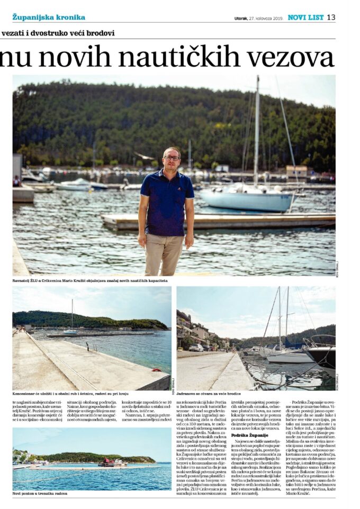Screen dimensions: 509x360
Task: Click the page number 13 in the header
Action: point(331,17)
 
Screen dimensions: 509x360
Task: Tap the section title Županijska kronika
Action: point(49,17)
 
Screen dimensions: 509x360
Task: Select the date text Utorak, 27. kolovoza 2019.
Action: point(258,18)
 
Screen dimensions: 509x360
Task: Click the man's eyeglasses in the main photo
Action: point(172,158)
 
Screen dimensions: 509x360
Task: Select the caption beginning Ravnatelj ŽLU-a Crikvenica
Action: point(90,280)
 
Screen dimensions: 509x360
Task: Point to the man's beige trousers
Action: point(165,254)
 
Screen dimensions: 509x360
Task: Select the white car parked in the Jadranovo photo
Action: point(197,348)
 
